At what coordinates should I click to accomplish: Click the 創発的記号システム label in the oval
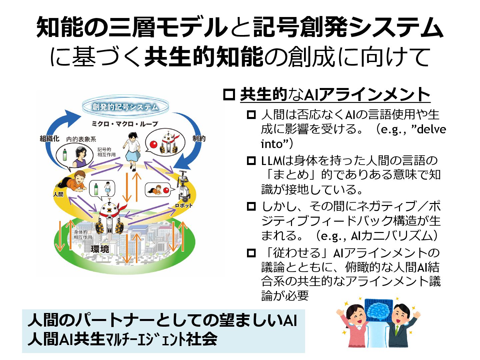[125, 107]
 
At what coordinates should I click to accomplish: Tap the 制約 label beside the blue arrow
[199, 138]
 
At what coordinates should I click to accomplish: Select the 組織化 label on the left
[49, 139]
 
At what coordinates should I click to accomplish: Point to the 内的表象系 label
[81, 139]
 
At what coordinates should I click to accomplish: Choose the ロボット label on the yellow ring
[184, 205]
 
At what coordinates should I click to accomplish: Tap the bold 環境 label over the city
[100, 249]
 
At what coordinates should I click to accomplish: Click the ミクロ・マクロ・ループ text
[125, 124]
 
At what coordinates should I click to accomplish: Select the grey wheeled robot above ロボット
[183, 187]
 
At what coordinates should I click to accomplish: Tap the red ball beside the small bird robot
[154, 144]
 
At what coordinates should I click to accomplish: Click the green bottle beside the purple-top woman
[65, 155]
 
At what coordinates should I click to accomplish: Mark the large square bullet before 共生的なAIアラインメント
[229, 95]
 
